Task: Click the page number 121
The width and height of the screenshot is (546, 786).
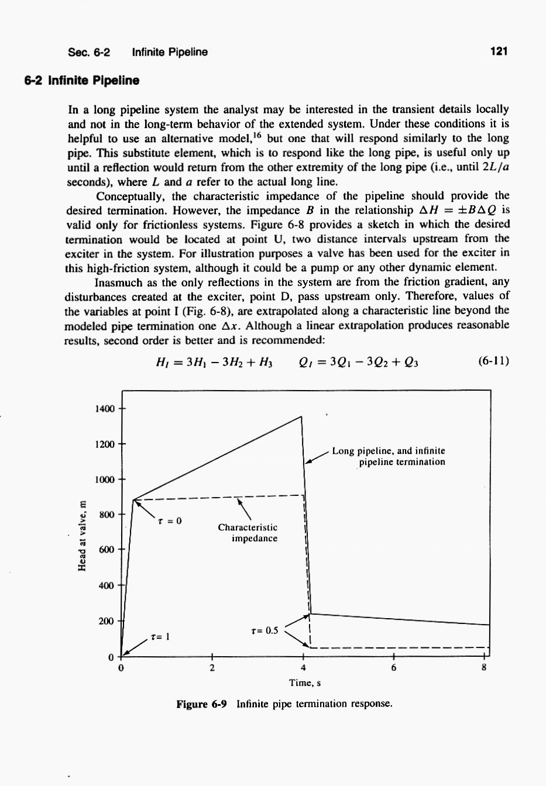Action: click(x=499, y=52)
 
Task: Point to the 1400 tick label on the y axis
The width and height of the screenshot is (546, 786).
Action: click(x=105, y=409)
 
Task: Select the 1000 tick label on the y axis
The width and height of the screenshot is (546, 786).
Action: click(x=105, y=480)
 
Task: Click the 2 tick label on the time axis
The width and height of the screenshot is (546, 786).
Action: click(x=212, y=668)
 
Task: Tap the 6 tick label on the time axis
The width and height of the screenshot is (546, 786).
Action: click(x=394, y=668)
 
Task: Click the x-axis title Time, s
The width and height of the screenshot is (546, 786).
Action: click(x=304, y=683)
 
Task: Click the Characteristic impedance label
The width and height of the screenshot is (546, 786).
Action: click(x=248, y=533)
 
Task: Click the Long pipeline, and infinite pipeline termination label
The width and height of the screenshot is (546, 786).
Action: click(x=389, y=456)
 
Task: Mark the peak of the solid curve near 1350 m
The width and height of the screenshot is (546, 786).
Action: click(x=301, y=416)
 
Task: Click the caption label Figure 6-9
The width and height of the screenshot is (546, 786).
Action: click(x=202, y=704)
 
